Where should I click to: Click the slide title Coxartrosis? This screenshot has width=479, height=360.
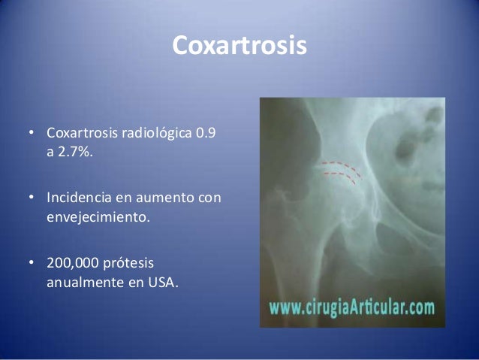click(x=239, y=45)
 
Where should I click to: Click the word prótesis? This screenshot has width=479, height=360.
click(x=137, y=266)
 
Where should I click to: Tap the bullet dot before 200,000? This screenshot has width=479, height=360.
click(x=32, y=266)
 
